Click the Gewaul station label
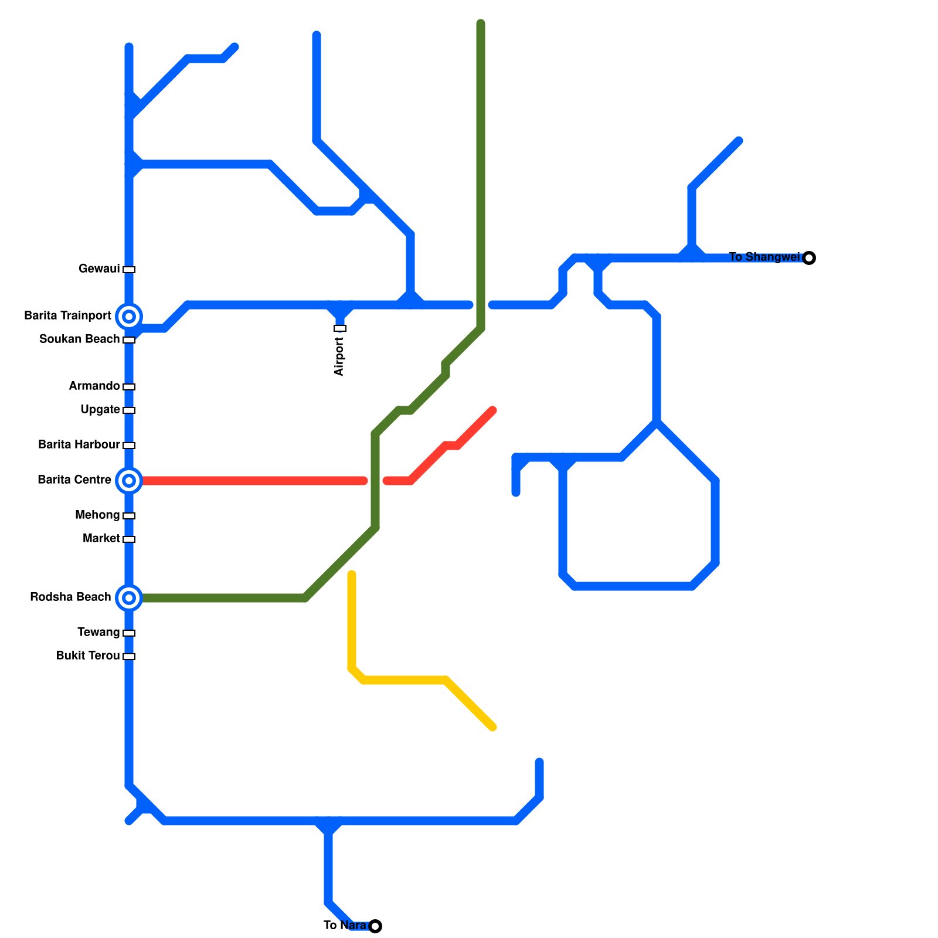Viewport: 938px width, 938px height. pyautogui.click(x=99, y=269)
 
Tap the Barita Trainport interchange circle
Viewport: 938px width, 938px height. pyautogui.click(x=129, y=317)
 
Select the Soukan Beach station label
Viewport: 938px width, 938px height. pyautogui.click(x=79, y=339)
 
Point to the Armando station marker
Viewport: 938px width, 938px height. pyautogui.click(x=129, y=387)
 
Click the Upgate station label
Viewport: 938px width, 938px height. pyautogui.click(x=100, y=410)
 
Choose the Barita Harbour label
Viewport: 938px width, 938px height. pyautogui.click(x=79, y=445)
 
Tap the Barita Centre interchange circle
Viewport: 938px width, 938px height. pyautogui.click(x=129, y=481)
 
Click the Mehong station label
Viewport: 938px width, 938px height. pyautogui.click(x=97, y=515)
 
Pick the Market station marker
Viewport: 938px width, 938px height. pyautogui.click(x=129, y=539)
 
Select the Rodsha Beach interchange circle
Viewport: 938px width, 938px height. pyautogui.click(x=129, y=598)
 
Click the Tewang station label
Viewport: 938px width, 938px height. pyautogui.click(x=98, y=633)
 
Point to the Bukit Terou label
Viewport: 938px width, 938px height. pyautogui.click(x=88, y=656)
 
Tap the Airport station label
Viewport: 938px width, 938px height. pyautogui.click(x=339, y=356)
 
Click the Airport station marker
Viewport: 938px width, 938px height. pyautogui.click(x=340, y=328)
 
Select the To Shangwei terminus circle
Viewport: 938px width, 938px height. pyautogui.click(x=809, y=258)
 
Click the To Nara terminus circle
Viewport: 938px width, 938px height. pyautogui.click(x=375, y=926)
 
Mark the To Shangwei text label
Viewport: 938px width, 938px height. pyautogui.click(x=764, y=257)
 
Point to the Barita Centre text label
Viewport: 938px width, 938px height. pyautogui.click(x=74, y=480)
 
